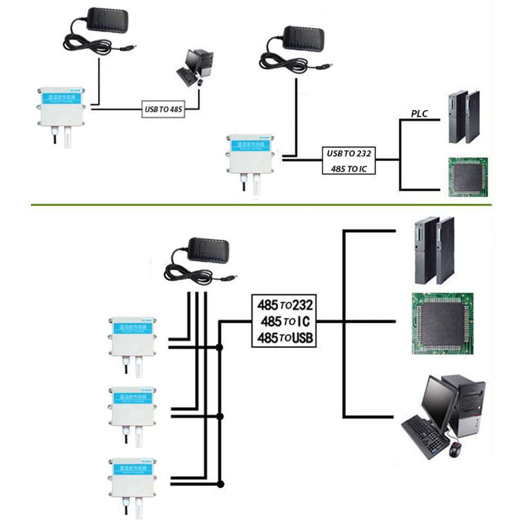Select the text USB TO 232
(x=349, y=154)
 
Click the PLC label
(x=419, y=114)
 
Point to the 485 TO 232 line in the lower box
(x=285, y=305)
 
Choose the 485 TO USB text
(x=285, y=338)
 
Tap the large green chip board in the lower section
(x=442, y=323)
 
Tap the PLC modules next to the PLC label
(x=464, y=117)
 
